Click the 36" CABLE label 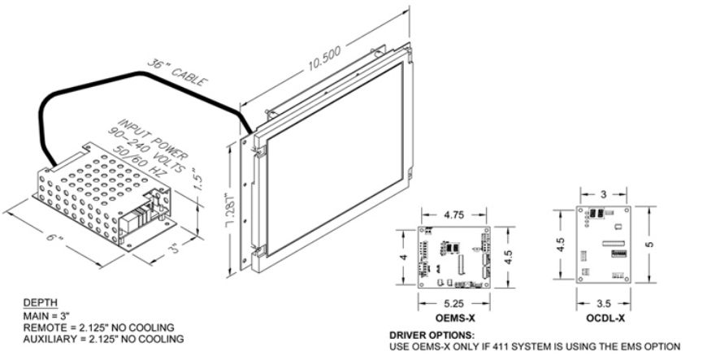tap(178, 72)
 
